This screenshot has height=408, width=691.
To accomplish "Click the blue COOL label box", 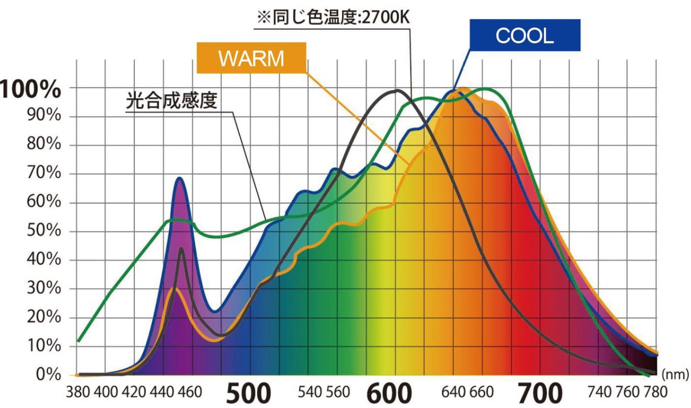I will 525,35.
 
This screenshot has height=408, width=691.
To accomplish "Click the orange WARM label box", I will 251,58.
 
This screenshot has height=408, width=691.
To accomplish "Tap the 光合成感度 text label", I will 172,100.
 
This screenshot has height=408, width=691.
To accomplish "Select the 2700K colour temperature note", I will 333,18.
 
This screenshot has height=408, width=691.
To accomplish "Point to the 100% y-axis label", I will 31,89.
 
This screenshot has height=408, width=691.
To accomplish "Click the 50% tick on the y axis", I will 44,230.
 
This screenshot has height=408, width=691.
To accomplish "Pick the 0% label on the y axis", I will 48,374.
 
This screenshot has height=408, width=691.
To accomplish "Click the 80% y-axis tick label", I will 44,144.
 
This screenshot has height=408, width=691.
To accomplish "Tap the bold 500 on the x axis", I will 248,393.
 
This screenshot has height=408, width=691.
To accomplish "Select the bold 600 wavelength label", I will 389,393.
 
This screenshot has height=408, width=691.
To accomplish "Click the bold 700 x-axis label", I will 540,393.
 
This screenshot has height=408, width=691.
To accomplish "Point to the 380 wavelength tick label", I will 77,392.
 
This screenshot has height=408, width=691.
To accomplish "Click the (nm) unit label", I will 675,374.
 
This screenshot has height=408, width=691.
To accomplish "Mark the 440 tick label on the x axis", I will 162,392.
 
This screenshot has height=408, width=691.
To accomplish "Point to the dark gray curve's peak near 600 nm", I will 396,90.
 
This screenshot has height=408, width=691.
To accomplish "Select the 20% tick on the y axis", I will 44,317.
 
